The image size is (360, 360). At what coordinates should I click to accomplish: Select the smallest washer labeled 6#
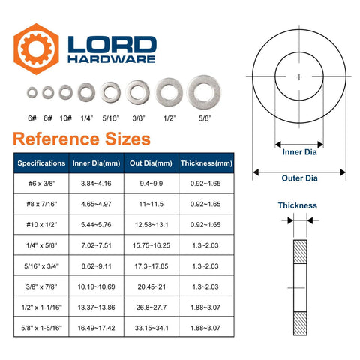[x=32, y=92]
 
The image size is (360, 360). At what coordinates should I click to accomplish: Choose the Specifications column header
[x=41, y=163]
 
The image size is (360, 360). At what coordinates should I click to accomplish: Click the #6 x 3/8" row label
[x=41, y=183]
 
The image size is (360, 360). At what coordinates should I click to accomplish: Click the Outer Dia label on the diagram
[x=299, y=178]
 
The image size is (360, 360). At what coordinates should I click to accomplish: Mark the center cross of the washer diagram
[x=299, y=76]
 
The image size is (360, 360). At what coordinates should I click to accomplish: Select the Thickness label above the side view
[x=298, y=205]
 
